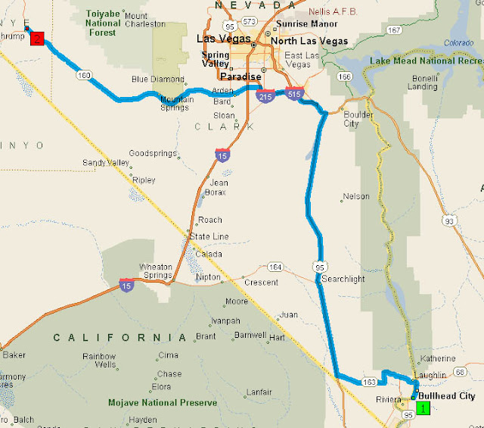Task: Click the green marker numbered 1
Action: (423, 408)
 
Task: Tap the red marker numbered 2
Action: (36, 38)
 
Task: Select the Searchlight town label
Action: (343, 279)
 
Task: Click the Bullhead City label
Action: (447, 396)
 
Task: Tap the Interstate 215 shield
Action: (265, 96)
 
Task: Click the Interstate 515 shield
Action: (295, 92)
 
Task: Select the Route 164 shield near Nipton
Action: (275, 267)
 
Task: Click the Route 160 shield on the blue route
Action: (83, 75)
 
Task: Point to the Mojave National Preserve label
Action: (163, 403)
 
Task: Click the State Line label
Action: (209, 236)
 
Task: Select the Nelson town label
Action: (356, 196)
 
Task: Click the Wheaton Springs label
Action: (157, 270)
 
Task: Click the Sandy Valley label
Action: (105, 163)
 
